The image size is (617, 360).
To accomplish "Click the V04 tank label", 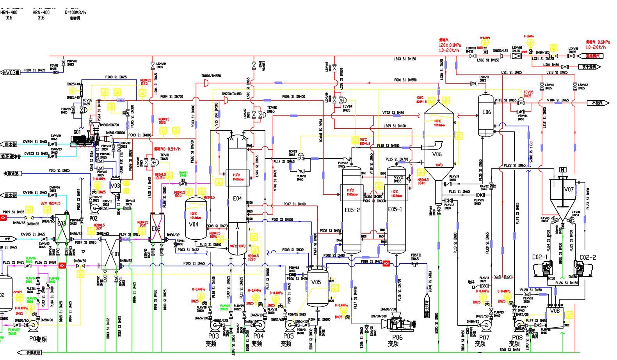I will pos(194,224).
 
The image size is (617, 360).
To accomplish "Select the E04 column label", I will pos(237,199).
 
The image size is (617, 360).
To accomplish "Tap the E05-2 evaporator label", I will pos(352,210).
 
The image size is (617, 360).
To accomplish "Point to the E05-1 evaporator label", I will pos(395,209).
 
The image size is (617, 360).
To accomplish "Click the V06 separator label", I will pos(437,154).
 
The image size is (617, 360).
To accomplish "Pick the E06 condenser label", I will pos(486,112).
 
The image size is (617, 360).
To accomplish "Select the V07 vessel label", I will pos(569,190).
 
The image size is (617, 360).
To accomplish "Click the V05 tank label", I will pos(316,282).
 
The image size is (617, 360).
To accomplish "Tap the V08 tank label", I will pos(555,311).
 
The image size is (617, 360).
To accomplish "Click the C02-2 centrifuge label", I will pos(588,257).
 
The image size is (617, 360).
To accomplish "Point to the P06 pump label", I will pos(397,337).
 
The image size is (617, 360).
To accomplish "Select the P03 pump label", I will pos(213,336).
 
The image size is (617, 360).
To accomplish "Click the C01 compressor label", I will pos(77,132).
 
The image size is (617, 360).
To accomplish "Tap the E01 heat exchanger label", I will pos(115,254).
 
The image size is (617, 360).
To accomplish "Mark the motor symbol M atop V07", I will pos(563,170).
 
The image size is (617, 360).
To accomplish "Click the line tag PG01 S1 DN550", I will pos(405,80).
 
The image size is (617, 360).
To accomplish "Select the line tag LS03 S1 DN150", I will pos(404,59).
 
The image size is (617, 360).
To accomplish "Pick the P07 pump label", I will pos(484,337).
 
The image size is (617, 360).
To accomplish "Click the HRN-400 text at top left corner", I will pos(9,12).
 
